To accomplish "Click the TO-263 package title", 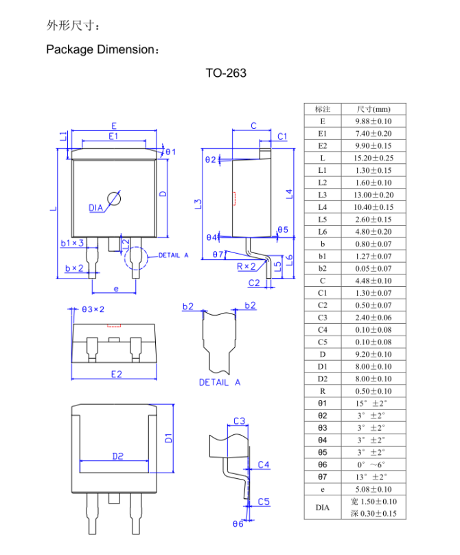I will click(x=225, y=73).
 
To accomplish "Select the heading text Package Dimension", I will click(x=102, y=49).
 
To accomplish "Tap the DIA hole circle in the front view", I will click(x=115, y=199).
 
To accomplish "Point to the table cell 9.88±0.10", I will click(x=373, y=121).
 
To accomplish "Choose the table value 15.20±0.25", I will click(x=373, y=158).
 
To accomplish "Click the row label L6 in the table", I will click(x=323, y=232).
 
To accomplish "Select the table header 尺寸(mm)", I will click(x=373, y=109).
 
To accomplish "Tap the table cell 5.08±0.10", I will click(x=373, y=489).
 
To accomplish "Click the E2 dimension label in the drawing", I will click(x=115, y=374).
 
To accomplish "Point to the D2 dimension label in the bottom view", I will click(x=117, y=456).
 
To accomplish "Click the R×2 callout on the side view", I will click(x=246, y=266).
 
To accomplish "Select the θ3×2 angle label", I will click(x=93, y=309).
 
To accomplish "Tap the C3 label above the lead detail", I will click(x=240, y=421).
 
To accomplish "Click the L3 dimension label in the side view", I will click(x=198, y=204).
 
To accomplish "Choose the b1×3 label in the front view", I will click(x=72, y=243).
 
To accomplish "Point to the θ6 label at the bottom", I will click(x=238, y=524).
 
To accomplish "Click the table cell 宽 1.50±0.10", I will click(x=373, y=501).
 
